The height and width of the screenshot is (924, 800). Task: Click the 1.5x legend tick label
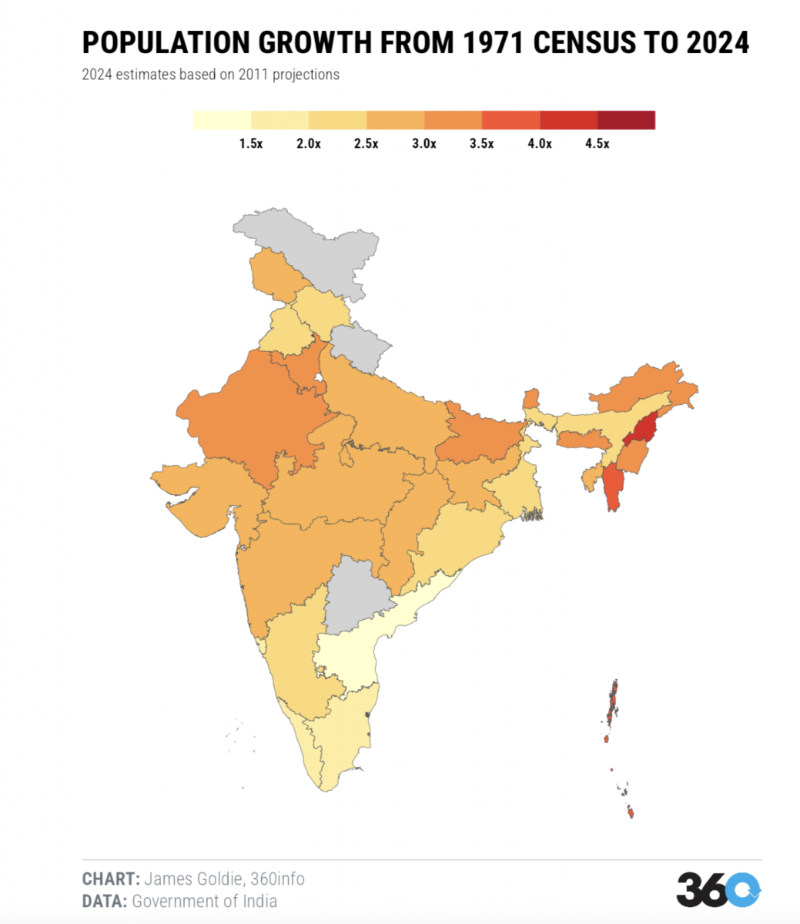pos(251,144)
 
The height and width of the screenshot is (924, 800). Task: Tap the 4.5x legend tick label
pos(597,144)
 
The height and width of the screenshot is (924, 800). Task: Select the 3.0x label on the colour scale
pos(423,144)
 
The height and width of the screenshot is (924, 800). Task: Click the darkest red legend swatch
pos(626,120)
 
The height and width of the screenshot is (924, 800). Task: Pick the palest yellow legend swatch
pos(222,120)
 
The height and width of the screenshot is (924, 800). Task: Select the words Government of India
pos(205,901)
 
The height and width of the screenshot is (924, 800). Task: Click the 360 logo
pos(718,890)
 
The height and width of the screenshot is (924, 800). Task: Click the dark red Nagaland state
pos(642,430)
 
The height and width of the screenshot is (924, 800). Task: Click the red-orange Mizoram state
pos(614,489)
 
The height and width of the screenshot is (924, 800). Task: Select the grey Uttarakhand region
pos(360,346)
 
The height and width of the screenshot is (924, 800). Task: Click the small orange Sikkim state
pos(531,400)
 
